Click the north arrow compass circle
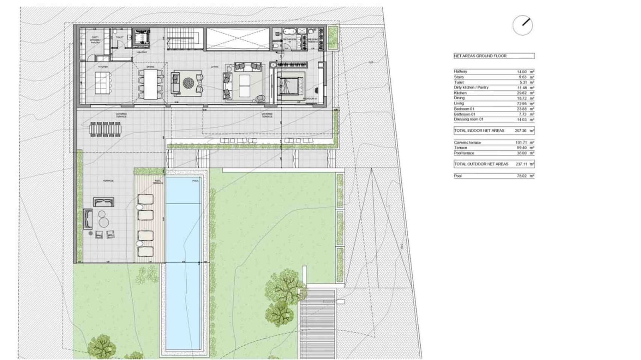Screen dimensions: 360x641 click(522, 25)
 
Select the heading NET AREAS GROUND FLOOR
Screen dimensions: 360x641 click(480, 56)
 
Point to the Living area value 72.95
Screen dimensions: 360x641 click(522, 104)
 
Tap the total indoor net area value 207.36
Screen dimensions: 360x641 click(521, 131)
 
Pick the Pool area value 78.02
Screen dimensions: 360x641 click(522, 176)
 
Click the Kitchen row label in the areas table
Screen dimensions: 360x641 click(460, 93)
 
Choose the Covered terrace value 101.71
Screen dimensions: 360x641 click(521, 143)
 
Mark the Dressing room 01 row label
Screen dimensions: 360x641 click(469, 119)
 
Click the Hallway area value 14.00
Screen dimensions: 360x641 click(522, 72)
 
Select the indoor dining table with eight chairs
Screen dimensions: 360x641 click(151, 84)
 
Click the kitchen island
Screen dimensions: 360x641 click(103, 82)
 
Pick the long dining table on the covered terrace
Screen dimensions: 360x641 click(105, 129)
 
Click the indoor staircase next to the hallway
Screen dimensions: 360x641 click(184, 38)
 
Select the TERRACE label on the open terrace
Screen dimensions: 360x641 click(108, 181)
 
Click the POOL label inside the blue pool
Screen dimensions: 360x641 click(196, 181)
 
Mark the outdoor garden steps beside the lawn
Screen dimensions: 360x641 click(317, 324)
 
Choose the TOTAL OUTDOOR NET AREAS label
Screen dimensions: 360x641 click(481, 164)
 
